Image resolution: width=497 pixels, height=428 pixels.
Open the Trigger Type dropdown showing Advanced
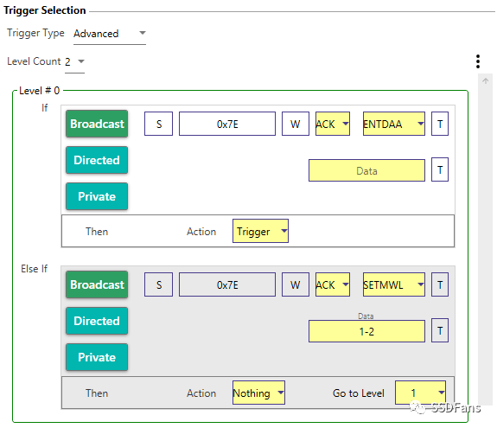pyautogui.click(x=110, y=34)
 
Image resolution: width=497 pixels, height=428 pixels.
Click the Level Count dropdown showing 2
pyautogui.click(x=75, y=61)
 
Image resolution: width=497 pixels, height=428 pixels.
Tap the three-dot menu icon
pyautogui.click(x=478, y=61)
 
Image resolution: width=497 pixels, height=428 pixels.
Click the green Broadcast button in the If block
pyautogui.click(x=97, y=124)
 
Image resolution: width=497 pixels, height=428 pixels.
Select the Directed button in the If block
pyautogui.click(x=97, y=160)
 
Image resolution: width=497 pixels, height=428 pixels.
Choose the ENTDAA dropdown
pyautogui.click(x=393, y=124)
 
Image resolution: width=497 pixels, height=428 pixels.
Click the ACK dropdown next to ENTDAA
pyautogui.click(x=333, y=124)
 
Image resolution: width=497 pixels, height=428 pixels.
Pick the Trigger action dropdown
pyautogui.click(x=260, y=231)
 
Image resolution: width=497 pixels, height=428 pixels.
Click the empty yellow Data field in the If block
pyautogui.click(x=366, y=170)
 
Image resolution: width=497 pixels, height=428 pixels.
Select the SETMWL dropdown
pyautogui.click(x=393, y=284)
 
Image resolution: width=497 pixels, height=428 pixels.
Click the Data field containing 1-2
pyautogui.click(x=366, y=331)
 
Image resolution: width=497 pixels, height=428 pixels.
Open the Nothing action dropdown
pyautogui.click(x=258, y=393)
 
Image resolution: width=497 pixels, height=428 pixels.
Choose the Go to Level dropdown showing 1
pyautogui.click(x=420, y=393)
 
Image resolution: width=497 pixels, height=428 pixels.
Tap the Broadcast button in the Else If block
pyautogui.click(x=97, y=284)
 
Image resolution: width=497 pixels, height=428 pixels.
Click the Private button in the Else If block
pyautogui.click(x=97, y=357)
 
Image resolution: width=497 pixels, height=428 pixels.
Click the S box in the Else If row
pyautogui.click(x=158, y=284)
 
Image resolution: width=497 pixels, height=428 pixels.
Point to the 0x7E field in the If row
pyautogui.click(x=227, y=124)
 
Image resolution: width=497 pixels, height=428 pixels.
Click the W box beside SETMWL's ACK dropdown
pyautogui.click(x=296, y=284)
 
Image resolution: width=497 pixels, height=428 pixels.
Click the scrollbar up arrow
pyautogui.click(x=485, y=81)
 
